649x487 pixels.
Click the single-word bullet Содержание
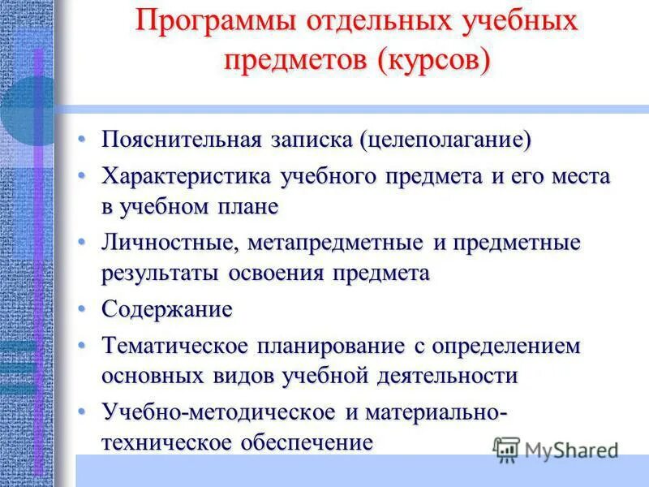point(166,309)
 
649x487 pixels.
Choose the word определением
point(501,345)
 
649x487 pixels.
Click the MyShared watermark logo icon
point(506,448)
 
